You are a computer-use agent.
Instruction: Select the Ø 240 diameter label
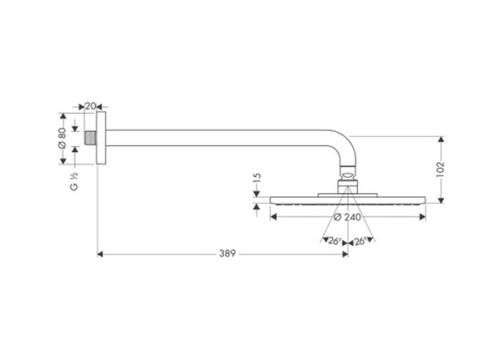(347, 217)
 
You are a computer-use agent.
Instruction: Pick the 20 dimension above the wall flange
(90, 106)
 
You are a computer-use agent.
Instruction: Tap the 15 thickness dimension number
(257, 181)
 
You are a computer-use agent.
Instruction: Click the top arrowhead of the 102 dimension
(441, 138)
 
